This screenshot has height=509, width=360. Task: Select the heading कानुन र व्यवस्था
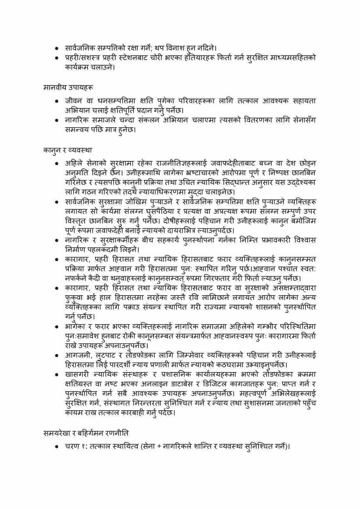(x=67, y=149)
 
